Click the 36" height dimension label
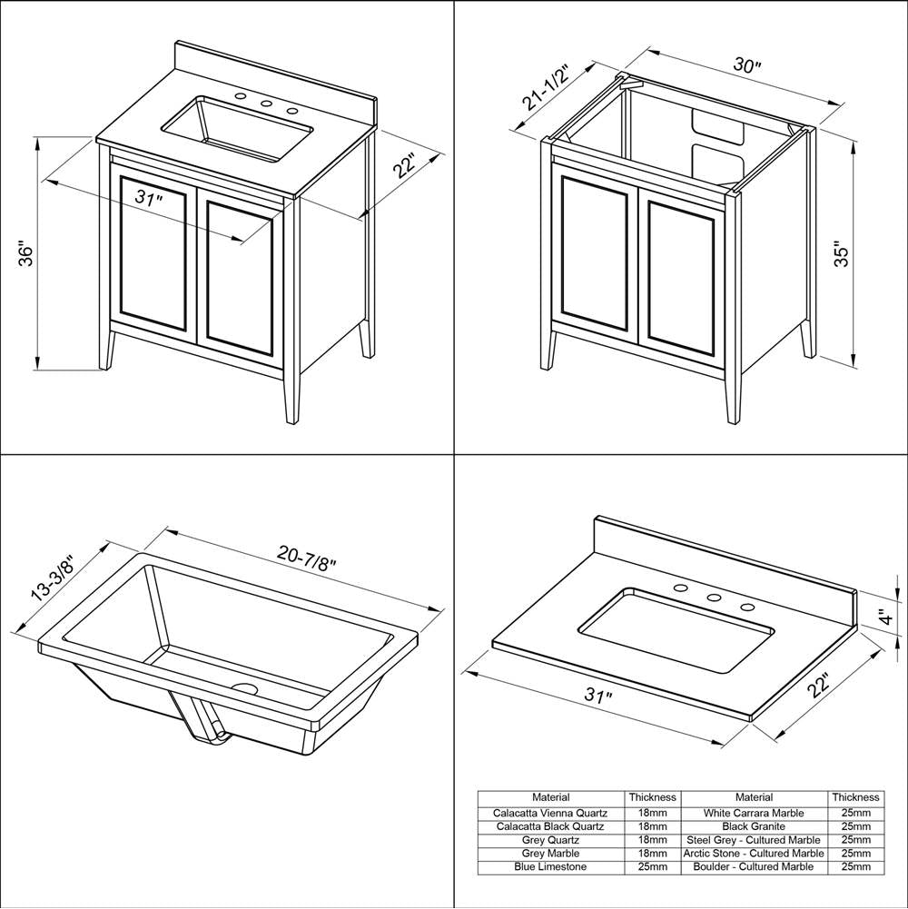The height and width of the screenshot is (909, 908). coord(26,254)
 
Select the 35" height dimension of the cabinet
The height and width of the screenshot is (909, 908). coord(843,254)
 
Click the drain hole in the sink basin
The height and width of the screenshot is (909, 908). coord(244,688)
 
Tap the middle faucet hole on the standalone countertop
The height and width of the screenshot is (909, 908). coord(714,598)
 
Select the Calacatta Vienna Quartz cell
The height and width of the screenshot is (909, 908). coord(551,814)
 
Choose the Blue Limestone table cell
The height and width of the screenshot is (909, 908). coord(551,867)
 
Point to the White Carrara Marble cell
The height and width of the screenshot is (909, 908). coord(754,814)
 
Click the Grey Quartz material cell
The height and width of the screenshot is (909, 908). coord(551,841)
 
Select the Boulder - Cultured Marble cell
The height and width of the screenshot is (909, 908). coord(754,867)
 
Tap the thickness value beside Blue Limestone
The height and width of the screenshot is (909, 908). coord(652,867)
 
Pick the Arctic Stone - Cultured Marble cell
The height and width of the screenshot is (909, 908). coord(754,854)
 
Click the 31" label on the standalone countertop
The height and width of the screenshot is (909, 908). coord(597,697)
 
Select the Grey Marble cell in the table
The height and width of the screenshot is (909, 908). coord(551,854)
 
